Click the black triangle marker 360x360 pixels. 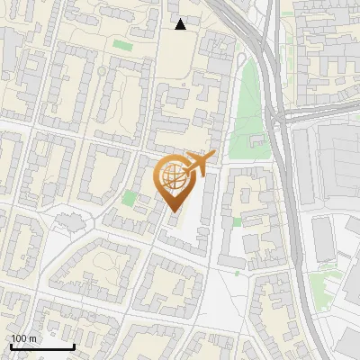[181, 24]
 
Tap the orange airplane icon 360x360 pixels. [199, 163]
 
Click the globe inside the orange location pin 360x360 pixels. [173, 176]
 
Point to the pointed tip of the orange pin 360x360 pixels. [174, 211]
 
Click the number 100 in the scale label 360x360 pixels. [20, 338]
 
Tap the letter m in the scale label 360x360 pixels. [33, 338]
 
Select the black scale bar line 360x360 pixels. [42, 347]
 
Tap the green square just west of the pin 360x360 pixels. [130, 197]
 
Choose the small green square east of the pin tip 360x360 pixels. [237, 221]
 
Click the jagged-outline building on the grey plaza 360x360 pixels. [67, 220]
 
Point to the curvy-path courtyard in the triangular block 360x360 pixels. [101, 265]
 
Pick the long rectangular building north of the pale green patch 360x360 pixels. [323, 238]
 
